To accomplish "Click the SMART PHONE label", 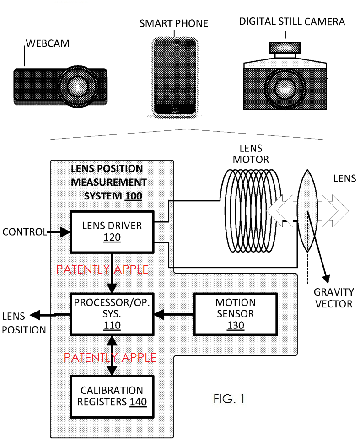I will [x=173, y=23].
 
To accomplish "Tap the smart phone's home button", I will [x=175, y=109].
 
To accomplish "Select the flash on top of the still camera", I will [x=285, y=47].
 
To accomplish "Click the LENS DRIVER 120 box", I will [x=112, y=231].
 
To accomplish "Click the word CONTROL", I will [x=24, y=232].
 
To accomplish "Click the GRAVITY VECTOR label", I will [x=333, y=298].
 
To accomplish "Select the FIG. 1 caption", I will [x=229, y=399].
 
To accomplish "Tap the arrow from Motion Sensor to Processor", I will [x=174, y=314].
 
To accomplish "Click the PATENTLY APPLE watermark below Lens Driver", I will [x=102, y=269].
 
